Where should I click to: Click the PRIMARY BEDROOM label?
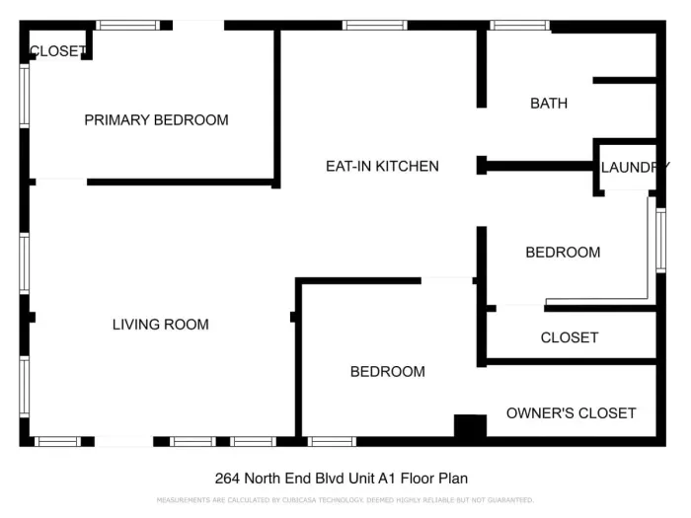click(156, 120)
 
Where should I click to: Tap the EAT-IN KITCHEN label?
click(382, 166)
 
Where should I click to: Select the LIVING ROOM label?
click(160, 324)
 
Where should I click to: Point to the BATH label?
click(549, 103)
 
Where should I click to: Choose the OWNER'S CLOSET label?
click(571, 412)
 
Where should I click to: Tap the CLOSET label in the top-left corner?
click(56, 51)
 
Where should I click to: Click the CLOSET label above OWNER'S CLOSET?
click(570, 337)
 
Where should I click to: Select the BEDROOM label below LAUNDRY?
click(563, 252)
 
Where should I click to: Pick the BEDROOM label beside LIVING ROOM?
click(388, 371)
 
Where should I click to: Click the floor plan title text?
click(342, 479)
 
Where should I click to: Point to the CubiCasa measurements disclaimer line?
click(345, 500)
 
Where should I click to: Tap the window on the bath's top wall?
click(519, 26)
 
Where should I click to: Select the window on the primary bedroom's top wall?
click(128, 26)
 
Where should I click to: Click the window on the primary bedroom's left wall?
click(25, 96)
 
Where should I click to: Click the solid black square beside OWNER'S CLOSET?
click(470, 426)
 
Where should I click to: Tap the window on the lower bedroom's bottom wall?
click(332, 441)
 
